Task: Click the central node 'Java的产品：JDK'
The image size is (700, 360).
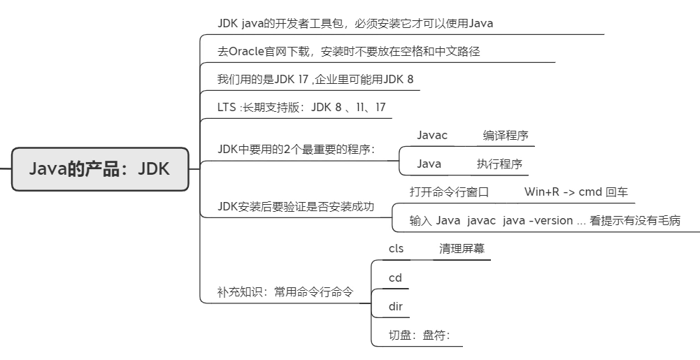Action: pyautogui.click(x=99, y=168)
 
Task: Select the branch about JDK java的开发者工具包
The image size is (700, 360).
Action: pyautogui.click(x=355, y=23)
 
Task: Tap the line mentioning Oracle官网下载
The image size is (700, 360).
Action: pyautogui.click(x=349, y=51)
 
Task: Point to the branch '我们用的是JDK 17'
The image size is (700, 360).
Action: pyautogui.click(x=315, y=79)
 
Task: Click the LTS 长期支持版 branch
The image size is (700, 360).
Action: pyautogui.click(x=301, y=107)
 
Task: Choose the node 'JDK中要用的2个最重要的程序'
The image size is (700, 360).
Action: pyautogui.click(x=297, y=149)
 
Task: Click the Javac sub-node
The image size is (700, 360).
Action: pyautogui.click(x=432, y=136)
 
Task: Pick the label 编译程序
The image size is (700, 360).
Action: pyautogui.click(x=505, y=136)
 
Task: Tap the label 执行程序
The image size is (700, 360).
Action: pyautogui.click(x=499, y=164)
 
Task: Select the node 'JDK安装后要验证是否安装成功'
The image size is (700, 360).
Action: pyautogui.click(x=297, y=206)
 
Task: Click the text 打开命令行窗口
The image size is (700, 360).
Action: pyautogui.click(x=449, y=192)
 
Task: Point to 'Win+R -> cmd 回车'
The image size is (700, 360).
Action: pyautogui.click(x=576, y=192)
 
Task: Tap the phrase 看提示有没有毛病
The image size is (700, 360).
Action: pyautogui.click(x=635, y=220)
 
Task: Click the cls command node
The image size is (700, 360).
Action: pyautogui.click(x=396, y=248)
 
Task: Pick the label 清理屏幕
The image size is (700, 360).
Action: pyautogui.click(x=462, y=248)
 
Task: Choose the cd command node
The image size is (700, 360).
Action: pyautogui.click(x=395, y=278)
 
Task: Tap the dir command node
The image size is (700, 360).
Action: pyautogui.click(x=395, y=306)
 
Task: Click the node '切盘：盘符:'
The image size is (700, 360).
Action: pyautogui.click(x=419, y=335)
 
